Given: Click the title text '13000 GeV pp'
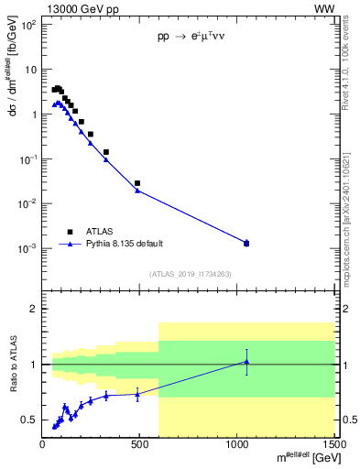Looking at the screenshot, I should pyautogui.click(x=73, y=8).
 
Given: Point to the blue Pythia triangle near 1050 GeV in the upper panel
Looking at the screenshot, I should pyautogui.click(x=246, y=243).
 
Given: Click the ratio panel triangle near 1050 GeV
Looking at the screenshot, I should pyautogui.click(x=246, y=362).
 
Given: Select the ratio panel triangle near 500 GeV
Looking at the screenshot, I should pyautogui.click(x=137, y=394).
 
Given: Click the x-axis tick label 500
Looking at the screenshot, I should pyautogui.click(x=140, y=446).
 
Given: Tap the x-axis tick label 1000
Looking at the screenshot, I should pyautogui.click(x=237, y=446).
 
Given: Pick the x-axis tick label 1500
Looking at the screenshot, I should pyautogui.click(x=333, y=446).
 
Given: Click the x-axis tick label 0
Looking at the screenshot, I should pyautogui.click(x=43, y=446).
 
